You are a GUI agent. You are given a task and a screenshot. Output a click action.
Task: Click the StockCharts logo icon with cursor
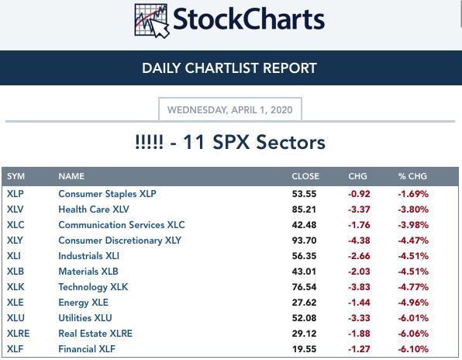[x=152, y=21]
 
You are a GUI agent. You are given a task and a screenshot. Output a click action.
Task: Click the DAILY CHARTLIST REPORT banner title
[x=229, y=68]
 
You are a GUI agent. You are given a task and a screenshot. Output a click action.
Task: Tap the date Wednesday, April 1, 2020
[x=229, y=110]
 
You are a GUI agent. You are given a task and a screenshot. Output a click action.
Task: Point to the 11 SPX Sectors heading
[x=230, y=142]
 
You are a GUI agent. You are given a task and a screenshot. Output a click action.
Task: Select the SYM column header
[x=16, y=176]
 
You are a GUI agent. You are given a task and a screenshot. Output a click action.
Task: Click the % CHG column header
[x=412, y=176]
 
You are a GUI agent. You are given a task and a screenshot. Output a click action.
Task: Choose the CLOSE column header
[x=305, y=176]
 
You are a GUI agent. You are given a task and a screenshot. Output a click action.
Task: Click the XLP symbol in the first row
[x=16, y=194]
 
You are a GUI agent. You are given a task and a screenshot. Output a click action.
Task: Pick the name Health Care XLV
[x=94, y=209]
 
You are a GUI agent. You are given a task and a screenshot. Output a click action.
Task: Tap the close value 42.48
[x=304, y=225]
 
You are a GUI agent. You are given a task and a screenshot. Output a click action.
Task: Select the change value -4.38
[x=359, y=241]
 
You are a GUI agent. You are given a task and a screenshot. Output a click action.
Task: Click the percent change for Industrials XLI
[x=413, y=256]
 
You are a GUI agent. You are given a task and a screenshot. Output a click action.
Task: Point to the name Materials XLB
[x=88, y=272]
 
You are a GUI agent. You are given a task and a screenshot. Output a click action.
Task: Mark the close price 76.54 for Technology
[x=304, y=287]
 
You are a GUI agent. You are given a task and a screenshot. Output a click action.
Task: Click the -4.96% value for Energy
[x=413, y=303]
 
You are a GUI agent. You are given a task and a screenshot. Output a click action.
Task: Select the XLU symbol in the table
[x=16, y=318]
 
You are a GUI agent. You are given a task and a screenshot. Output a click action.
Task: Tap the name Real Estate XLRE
[x=95, y=334]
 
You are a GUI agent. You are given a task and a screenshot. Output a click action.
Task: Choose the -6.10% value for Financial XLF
[x=413, y=349]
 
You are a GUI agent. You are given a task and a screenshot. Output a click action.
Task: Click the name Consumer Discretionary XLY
[x=119, y=241]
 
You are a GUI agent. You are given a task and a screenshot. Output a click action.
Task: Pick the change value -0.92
[x=359, y=194]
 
